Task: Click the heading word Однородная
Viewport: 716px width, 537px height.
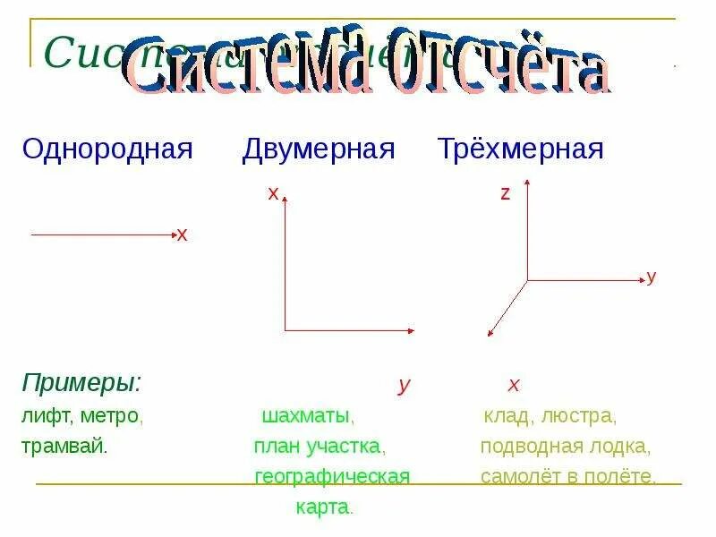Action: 107,149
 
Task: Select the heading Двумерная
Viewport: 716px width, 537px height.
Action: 319,149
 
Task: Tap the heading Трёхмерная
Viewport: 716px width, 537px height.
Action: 520,149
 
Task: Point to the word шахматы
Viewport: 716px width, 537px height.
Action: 308,416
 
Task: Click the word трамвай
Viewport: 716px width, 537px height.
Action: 64,446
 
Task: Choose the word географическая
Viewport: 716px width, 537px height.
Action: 332,476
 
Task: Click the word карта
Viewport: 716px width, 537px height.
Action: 324,507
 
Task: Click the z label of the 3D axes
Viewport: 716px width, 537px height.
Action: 505,193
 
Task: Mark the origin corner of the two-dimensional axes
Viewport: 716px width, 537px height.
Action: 285,330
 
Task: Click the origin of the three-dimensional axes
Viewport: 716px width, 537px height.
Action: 527,280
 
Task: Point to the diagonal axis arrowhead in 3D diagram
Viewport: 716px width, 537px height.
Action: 490,335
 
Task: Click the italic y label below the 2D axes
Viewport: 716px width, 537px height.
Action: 405,385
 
